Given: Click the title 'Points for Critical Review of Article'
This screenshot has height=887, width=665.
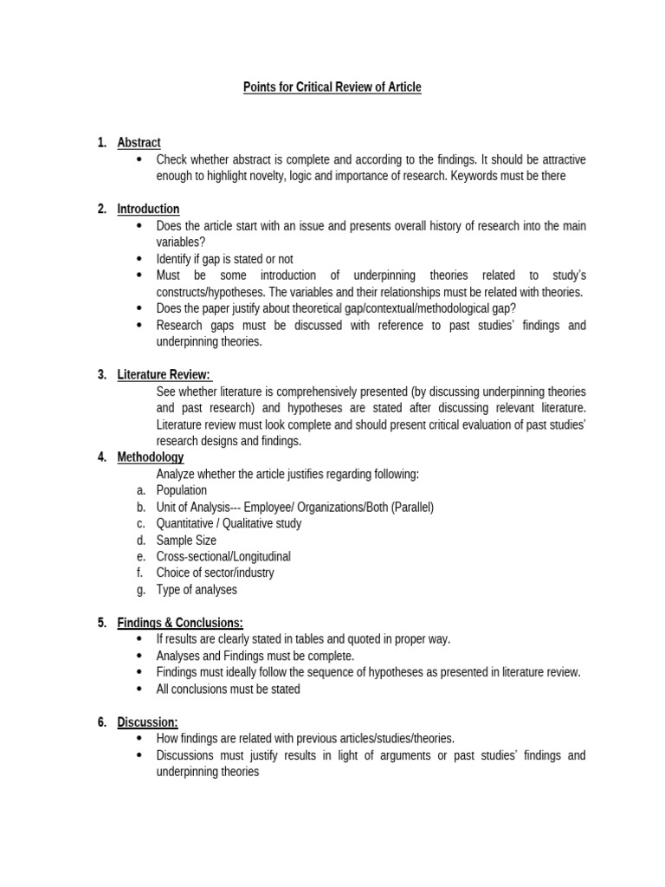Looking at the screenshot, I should (332, 87).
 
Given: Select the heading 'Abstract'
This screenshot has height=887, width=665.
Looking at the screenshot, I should (139, 143).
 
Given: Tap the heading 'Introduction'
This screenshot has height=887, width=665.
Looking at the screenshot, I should (148, 209).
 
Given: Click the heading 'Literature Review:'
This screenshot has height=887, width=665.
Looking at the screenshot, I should (164, 374).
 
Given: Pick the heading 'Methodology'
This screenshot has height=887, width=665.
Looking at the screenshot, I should (150, 457).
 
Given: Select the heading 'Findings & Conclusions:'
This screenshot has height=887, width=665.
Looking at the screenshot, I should (180, 622).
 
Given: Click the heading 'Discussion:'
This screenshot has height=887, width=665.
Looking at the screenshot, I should (147, 722).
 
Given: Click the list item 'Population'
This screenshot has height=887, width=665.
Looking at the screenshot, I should (181, 490).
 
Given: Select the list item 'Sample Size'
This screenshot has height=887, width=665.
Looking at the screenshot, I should (186, 540).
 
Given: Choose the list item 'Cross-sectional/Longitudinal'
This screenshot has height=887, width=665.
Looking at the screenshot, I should (223, 556).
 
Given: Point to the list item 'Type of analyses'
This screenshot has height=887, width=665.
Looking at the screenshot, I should (196, 590).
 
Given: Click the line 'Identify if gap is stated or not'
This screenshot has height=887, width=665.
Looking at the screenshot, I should (224, 259).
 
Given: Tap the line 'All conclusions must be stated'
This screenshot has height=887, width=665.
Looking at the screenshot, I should (228, 689).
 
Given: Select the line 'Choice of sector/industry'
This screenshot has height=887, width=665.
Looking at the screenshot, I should (215, 573).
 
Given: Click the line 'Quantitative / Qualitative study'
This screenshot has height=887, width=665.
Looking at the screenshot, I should (229, 523).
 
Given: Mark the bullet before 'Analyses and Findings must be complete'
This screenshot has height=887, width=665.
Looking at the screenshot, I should (139, 656).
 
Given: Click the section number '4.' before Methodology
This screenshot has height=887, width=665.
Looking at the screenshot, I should (102, 457).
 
